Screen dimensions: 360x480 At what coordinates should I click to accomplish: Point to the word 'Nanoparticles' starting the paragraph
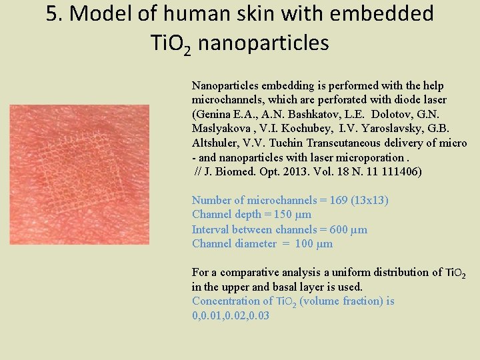click(225, 86)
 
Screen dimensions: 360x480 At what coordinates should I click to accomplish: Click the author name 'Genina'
click(213, 115)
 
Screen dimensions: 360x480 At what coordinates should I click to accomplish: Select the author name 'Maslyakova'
click(223, 129)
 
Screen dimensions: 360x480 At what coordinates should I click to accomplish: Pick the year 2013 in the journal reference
click(297, 171)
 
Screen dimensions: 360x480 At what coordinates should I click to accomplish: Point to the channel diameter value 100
click(304, 243)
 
